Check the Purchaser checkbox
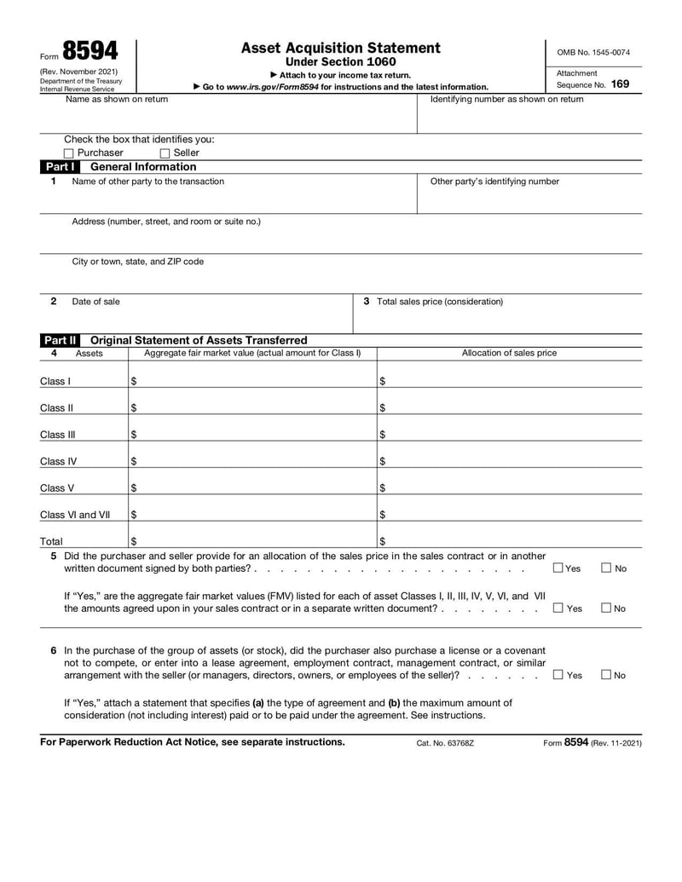69,153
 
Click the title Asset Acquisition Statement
341,48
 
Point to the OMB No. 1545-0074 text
593,52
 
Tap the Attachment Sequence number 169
620,84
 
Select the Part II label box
61,340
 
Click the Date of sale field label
95,302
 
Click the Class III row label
58,435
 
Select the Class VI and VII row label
75,515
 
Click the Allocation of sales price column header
509,353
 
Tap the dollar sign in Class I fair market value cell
134,381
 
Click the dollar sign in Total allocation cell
382,541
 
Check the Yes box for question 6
558,675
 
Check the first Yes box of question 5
558,568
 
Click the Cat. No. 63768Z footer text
444,743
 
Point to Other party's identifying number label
494,182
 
